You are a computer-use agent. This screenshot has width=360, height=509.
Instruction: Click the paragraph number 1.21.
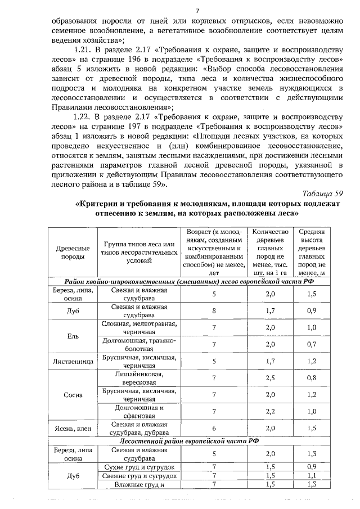coord(84,50)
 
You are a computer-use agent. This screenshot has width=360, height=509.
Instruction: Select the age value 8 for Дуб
coord(214,310)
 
